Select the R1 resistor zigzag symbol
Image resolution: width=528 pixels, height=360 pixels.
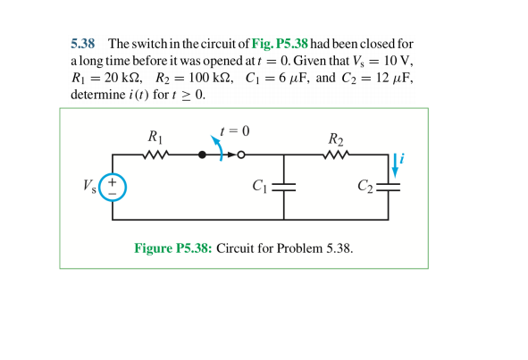(x=155, y=155)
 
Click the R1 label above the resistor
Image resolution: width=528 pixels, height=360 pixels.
(x=155, y=138)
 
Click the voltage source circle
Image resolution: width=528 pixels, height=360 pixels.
(x=113, y=187)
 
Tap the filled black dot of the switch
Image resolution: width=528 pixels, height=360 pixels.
(x=202, y=155)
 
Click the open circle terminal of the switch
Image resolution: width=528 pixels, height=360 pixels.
(x=240, y=155)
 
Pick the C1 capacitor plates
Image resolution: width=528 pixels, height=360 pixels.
(x=283, y=188)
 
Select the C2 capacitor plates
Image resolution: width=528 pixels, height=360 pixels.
(x=390, y=188)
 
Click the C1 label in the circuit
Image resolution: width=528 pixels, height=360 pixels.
(x=260, y=186)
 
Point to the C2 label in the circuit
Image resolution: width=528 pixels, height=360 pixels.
(x=365, y=186)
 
